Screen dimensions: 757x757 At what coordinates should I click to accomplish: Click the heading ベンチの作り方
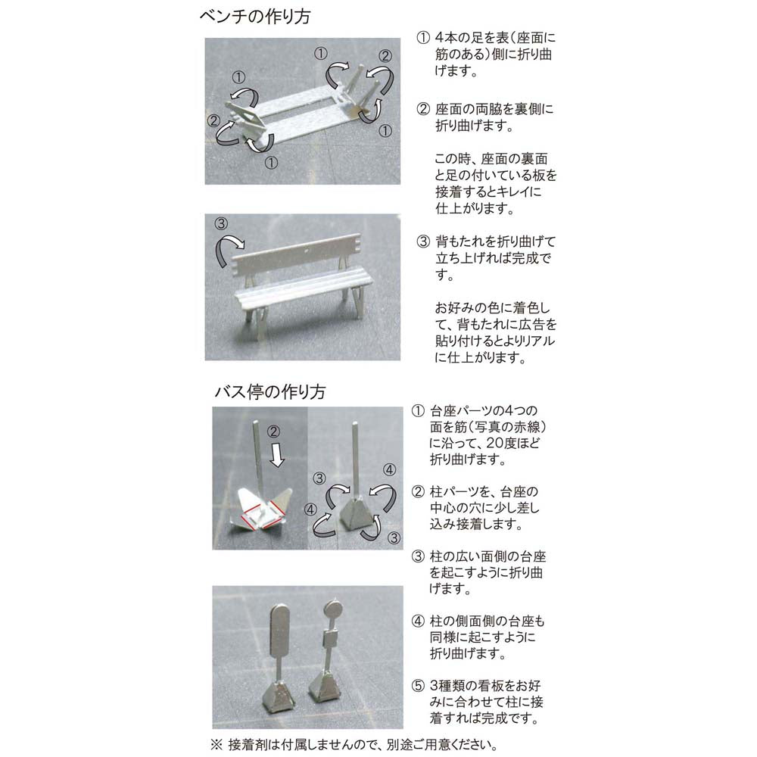(255, 17)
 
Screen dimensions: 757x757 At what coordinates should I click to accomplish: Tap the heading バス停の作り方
(270, 391)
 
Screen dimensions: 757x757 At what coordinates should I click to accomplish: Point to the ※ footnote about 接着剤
(354, 745)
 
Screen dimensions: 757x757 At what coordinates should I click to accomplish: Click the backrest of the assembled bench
(297, 255)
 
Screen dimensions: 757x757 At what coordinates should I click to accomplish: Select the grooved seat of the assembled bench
(304, 291)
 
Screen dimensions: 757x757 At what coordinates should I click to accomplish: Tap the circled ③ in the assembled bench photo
(221, 223)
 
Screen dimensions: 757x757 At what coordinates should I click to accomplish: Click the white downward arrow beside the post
(276, 456)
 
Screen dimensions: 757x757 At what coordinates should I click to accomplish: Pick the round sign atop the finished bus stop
(332, 609)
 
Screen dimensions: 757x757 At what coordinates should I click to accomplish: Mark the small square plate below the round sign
(330, 641)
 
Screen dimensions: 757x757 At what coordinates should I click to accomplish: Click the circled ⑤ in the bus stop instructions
(418, 686)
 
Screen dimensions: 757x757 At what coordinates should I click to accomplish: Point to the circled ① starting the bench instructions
(423, 38)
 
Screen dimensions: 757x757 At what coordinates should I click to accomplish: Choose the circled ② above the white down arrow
(273, 431)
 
